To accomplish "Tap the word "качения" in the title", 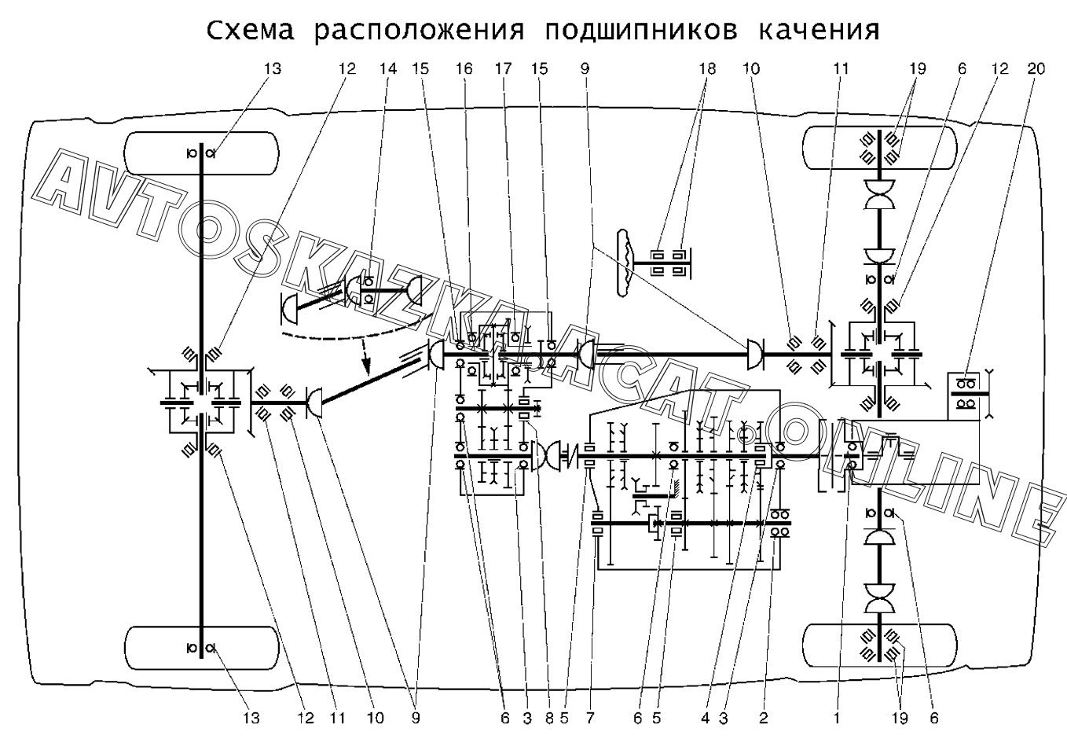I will [x=819, y=31].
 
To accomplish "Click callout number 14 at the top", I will [x=388, y=69].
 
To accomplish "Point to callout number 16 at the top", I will [x=464, y=69].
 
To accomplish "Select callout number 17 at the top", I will [x=503, y=69].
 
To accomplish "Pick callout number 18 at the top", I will [x=707, y=69].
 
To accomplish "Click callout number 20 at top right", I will [x=1036, y=69].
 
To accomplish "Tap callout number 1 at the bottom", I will [x=837, y=718].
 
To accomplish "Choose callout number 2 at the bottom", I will [x=762, y=718].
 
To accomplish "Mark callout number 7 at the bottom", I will [x=589, y=718].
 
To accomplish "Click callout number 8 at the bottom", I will [x=549, y=718].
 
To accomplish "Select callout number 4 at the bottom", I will [x=706, y=718].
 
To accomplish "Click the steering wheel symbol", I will [x=627, y=263].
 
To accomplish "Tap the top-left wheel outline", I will [x=203, y=153].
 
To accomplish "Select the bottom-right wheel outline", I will [x=880, y=645].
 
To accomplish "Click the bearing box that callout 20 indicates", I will [x=965, y=392].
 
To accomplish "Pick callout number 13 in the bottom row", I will [x=250, y=718].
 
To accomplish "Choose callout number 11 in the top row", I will [x=841, y=69].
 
